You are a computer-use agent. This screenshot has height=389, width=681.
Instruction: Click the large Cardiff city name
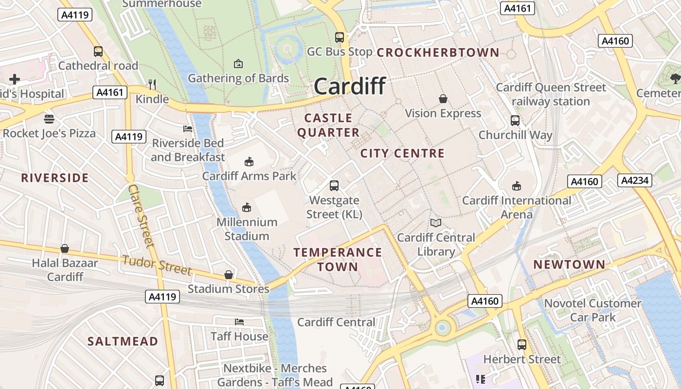coord(350,87)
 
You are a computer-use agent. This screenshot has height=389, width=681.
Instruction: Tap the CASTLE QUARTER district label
coord(328,125)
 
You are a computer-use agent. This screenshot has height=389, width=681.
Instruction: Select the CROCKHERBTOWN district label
coord(438,53)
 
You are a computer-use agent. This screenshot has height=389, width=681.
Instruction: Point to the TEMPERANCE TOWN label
coord(338,259)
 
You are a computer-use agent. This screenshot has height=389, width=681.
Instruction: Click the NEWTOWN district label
coord(569,265)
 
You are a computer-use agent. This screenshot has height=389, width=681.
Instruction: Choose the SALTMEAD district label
coord(123,341)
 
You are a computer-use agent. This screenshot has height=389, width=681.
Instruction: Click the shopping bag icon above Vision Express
coord(443,99)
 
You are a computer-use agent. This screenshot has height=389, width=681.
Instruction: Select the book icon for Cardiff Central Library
coord(436,223)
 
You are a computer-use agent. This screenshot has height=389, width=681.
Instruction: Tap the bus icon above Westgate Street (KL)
coord(334,185)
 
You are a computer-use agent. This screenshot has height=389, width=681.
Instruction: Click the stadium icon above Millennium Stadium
coord(247,208)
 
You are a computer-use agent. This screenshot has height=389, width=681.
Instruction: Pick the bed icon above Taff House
coord(239,322)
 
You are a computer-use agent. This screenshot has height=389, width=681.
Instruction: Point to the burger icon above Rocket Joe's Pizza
coord(49,119)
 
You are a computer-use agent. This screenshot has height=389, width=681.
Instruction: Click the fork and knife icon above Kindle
coord(152,85)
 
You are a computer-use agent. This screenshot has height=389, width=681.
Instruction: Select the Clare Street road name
coord(141,215)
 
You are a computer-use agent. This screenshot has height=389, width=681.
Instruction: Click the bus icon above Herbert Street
coord(522,345)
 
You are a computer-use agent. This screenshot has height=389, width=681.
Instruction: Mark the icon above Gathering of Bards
coord(238,64)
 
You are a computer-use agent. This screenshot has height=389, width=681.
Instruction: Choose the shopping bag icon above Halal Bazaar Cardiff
coord(65,249)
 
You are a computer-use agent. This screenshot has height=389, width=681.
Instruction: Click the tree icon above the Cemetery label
coord(675,79)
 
